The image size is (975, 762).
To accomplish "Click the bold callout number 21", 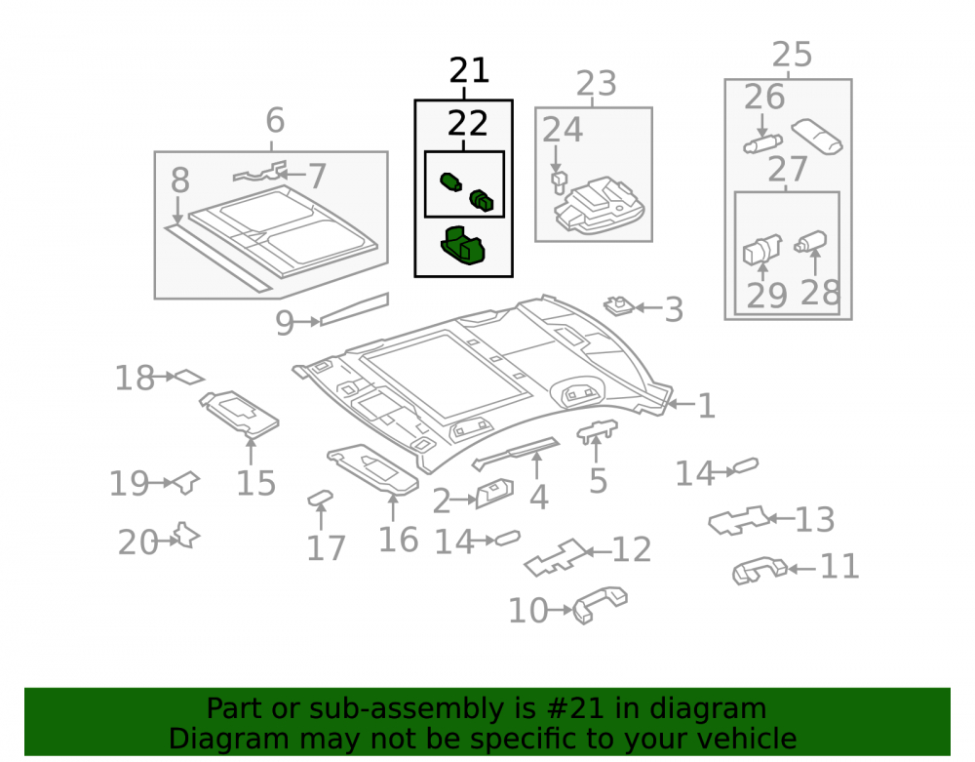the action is click(x=470, y=70).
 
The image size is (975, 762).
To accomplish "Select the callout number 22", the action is click(x=468, y=124).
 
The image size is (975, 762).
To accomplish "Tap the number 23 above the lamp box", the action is click(x=597, y=83).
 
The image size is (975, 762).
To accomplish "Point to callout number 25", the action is click(x=792, y=55).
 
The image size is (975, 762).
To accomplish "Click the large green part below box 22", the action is click(x=462, y=245).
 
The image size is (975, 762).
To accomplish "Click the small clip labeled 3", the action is click(x=619, y=305).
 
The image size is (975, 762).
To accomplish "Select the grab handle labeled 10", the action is click(x=600, y=603).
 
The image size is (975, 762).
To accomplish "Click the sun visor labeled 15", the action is click(x=240, y=411).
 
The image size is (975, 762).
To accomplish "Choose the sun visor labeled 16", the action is click(x=373, y=469).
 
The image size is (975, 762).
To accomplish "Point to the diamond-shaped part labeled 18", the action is click(x=189, y=377).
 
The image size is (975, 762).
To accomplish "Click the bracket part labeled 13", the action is click(x=739, y=520).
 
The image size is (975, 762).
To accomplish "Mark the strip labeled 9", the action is click(x=354, y=309).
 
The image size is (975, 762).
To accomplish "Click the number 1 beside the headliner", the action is click(x=706, y=406).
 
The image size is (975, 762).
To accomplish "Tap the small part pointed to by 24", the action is click(x=559, y=180).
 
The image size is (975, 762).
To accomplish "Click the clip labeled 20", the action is click(x=186, y=536).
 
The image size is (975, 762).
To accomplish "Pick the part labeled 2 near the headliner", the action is click(x=495, y=494).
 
